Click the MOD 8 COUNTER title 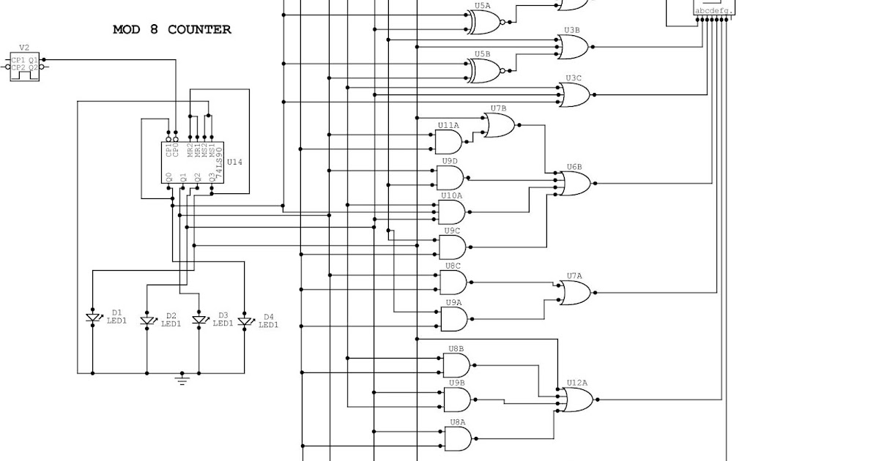point(172,30)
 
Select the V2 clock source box point(24,67)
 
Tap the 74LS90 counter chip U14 point(190,162)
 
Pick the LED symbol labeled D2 point(146,321)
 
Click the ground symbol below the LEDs point(182,379)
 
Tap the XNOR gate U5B point(483,70)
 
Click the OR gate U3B point(574,47)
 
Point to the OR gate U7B point(500,126)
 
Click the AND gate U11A point(449,142)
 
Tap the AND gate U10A point(451,212)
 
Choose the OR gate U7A point(575,293)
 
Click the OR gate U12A point(577,400)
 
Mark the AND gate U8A point(458,439)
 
